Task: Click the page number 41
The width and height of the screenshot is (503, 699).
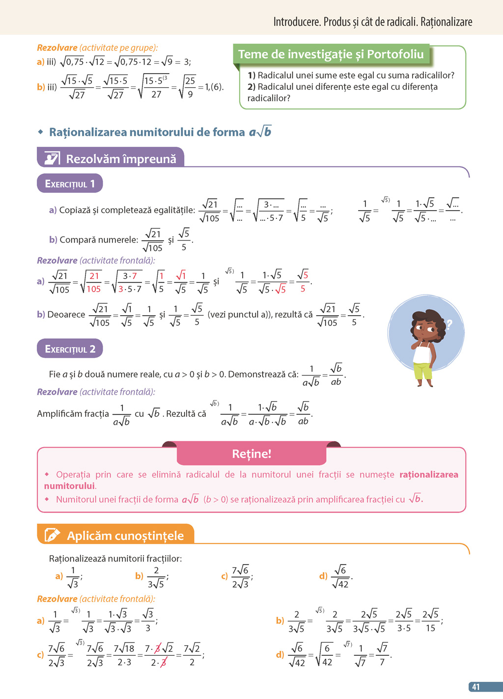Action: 475,687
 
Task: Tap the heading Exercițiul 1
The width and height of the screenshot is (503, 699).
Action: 70,184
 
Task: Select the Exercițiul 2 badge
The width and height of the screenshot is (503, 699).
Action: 70,349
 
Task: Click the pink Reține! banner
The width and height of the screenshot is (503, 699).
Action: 251,454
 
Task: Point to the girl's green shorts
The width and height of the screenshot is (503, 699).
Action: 422,370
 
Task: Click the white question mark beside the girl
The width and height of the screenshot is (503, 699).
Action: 448,324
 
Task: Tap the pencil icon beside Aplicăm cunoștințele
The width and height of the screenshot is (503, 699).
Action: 52,535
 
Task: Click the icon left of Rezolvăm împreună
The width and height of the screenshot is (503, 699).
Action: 52,159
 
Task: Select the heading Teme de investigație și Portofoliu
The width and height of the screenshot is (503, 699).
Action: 331,54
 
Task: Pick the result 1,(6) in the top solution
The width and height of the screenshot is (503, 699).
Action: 214,87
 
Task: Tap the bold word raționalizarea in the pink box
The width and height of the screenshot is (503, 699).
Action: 428,475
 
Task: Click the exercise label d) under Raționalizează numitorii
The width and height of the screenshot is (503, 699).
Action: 323,576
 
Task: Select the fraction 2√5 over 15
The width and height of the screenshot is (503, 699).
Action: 430,621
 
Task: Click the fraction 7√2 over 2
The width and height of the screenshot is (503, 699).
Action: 192,655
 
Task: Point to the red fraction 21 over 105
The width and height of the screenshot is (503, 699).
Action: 94,282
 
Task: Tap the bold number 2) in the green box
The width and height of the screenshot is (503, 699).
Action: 251,87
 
